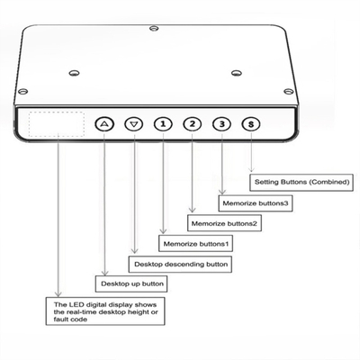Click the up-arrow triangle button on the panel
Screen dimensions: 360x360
[105, 124]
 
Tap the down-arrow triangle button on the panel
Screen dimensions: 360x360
[134, 124]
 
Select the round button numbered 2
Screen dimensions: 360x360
[192, 124]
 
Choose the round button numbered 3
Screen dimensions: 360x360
[221, 124]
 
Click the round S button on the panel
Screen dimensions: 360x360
[250, 124]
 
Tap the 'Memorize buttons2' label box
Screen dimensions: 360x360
[223, 222]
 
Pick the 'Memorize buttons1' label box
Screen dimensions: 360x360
[194, 243]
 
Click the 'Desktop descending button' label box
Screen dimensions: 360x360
[180, 264]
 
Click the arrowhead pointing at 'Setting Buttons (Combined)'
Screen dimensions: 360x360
[251, 172]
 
